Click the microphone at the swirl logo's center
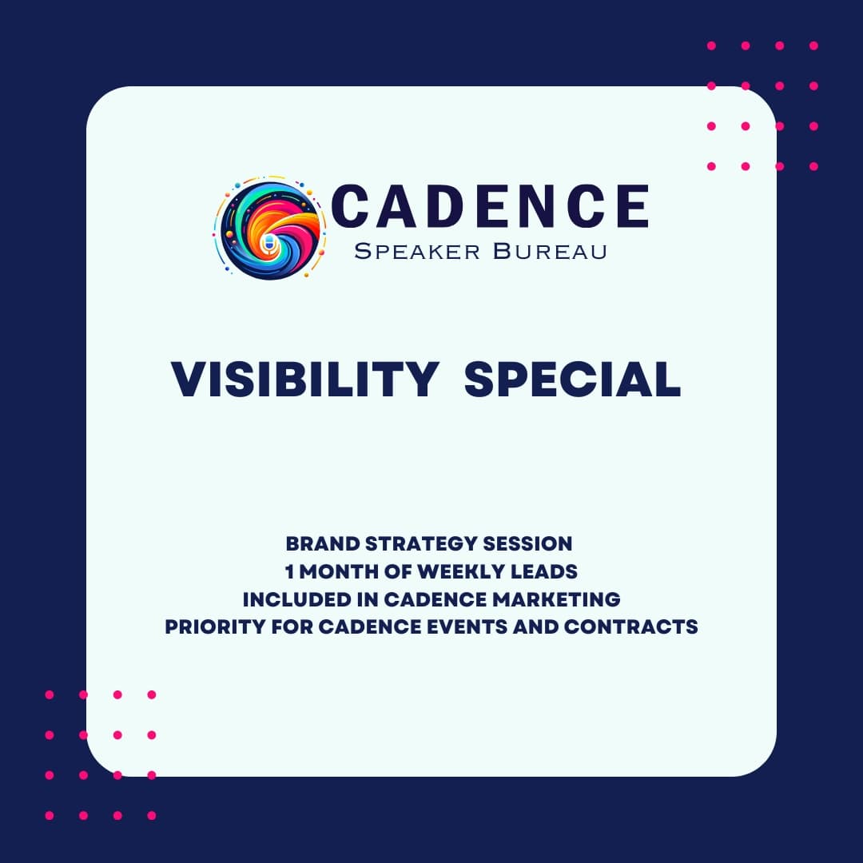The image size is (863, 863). (268, 241)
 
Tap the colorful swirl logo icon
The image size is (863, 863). (270, 230)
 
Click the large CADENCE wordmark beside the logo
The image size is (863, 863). (489, 206)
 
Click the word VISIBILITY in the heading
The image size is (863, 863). (304, 380)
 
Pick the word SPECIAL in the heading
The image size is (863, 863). (572, 380)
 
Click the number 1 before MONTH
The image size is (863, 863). (290, 571)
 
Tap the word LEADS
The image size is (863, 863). (543, 571)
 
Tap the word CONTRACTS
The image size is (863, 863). (631, 626)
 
